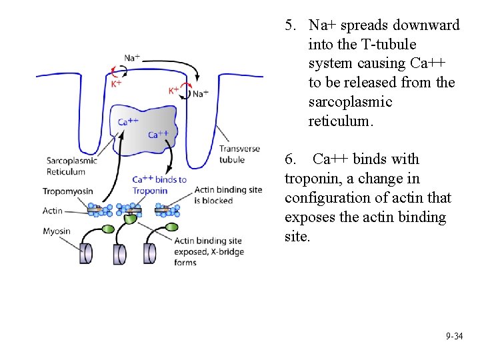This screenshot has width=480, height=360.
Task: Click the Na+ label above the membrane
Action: point(132,58)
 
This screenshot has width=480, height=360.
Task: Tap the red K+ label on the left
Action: point(116,83)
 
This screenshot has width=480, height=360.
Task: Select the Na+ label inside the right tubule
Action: point(200,94)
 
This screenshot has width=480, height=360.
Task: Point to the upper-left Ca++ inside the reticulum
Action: point(128,121)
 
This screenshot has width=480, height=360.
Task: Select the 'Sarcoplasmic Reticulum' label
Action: point(71,166)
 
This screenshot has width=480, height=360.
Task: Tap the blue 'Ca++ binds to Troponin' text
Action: point(159,185)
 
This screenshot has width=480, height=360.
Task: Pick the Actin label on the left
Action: point(52,211)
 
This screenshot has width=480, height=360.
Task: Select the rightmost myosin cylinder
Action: point(150,253)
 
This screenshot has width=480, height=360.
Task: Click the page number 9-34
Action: point(454,337)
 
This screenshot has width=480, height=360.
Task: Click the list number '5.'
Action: point(291,25)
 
